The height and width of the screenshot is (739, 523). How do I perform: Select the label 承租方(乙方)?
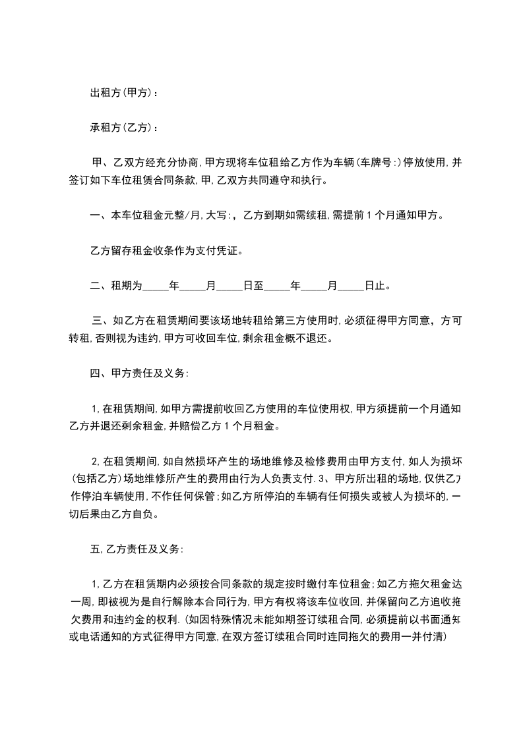[123, 128]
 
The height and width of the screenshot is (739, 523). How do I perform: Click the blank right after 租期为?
[156, 286]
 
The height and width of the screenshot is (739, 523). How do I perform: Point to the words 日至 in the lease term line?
[254, 286]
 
